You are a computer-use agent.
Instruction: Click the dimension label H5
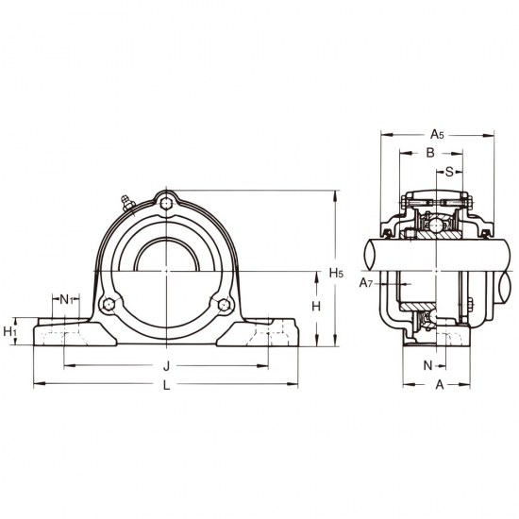[x=336, y=273]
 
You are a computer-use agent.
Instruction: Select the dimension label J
[x=166, y=366]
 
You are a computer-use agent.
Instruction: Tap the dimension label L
[x=166, y=385]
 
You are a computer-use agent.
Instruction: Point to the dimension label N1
[x=66, y=299]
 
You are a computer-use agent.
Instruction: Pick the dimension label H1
[x=9, y=331]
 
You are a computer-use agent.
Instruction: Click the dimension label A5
[x=437, y=134]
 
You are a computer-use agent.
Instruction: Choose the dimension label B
[x=430, y=153]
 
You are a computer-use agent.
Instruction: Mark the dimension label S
[x=449, y=172]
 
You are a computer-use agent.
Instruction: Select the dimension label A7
[x=366, y=283]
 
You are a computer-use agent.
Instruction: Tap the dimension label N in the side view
[x=428, y=365]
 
